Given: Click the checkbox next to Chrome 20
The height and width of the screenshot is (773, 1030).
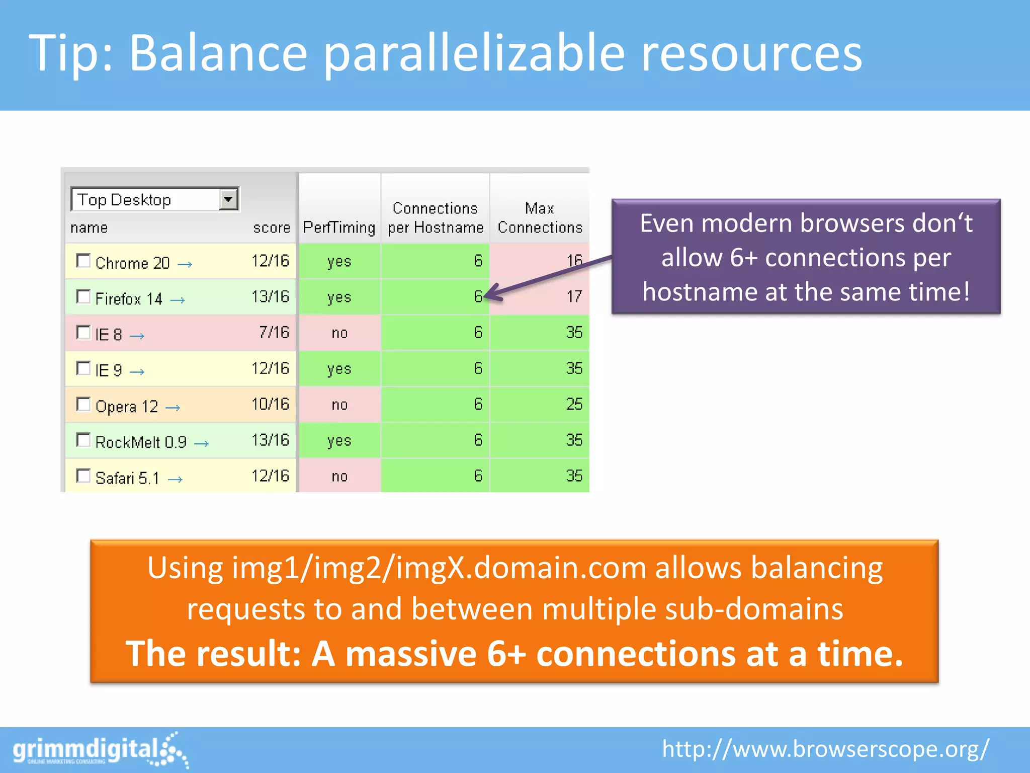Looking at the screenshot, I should [x=83, y=261].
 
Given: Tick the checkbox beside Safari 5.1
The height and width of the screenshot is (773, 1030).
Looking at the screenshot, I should [x=83, y=476].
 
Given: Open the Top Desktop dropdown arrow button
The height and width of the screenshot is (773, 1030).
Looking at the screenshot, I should [x=229, y=199].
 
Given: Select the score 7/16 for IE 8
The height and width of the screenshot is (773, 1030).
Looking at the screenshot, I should [x=274, y=333].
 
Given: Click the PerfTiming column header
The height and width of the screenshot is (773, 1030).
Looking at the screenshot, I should [x=339, y=227].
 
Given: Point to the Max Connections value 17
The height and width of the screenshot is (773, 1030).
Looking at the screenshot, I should [x=574, y=296].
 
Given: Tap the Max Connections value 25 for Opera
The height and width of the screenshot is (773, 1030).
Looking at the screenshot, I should [x=574, y=404].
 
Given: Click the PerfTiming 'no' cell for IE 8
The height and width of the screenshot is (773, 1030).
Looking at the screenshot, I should [x=339, y=333].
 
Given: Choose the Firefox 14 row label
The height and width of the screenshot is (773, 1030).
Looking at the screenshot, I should [x=129, y=299].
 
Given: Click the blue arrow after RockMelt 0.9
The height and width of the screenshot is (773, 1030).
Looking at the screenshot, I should [x=202, y=443].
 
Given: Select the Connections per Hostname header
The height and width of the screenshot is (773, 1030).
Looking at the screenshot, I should [x=436, y=218].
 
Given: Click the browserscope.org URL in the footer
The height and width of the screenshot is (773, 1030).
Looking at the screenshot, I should [x=825, y=749].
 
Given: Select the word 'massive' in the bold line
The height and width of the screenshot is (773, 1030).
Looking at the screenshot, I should [x=410, y=654].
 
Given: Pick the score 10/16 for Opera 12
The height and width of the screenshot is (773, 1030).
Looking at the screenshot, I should [x=270, y=404].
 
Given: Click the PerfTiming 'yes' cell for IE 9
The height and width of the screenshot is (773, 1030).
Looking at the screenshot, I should [x=339, y=369].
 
